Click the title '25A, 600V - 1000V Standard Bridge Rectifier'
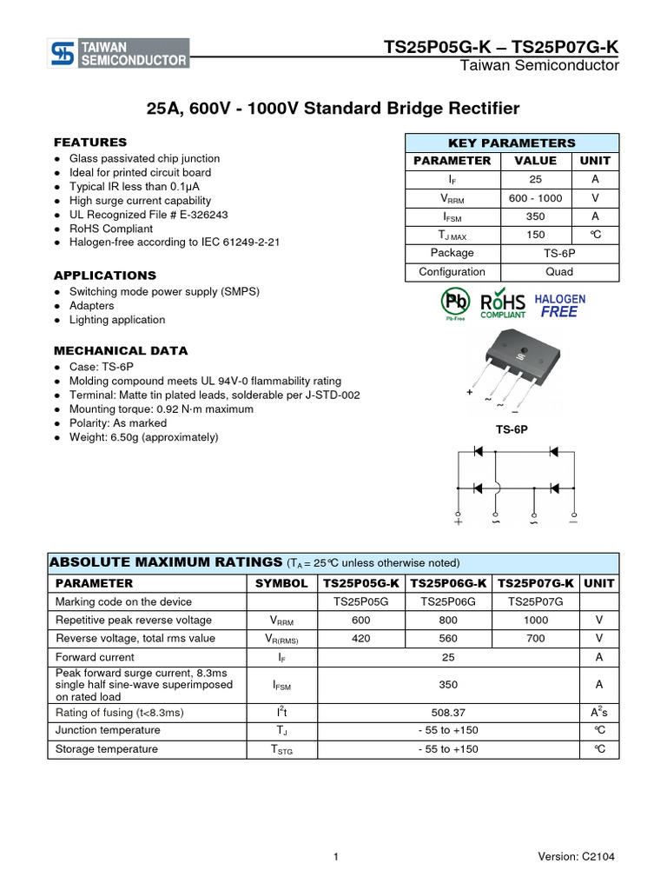pyautogui.click(x=333, y=109)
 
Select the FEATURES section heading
pyautogui.click(x=90, y=142)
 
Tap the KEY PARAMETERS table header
pyautogui.click(x=512, y=143)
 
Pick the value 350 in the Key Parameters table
pyautogui.click(x=536, y=216)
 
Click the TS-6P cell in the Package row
pyautogui.click(x=559, y=253)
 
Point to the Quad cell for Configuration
pyautogui.click(x=559, y=271)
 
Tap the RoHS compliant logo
pyautogui.click(x=503, y=303)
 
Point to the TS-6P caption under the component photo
pyautogui.click(x=512, y=429)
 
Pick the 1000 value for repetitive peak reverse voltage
pyautogui.click(x=536, y=620)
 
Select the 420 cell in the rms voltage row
pyautogui.click(x=361, y=638)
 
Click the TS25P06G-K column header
pyautogui.click(x=448, y=583)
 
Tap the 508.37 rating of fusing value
pyautogui.click(x=448, y=713)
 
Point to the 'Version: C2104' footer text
pyautogui.click(x=576, y=856)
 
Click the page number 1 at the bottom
pyautogui.click(x=335, y=856)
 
